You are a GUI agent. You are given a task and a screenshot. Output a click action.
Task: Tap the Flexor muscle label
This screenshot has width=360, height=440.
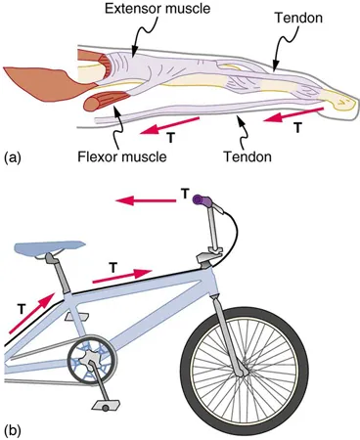(118, 154)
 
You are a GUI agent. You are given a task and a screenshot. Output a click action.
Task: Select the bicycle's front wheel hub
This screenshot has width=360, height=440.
(241, 369)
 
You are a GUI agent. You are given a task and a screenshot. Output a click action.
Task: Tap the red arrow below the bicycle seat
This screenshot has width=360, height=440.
(35, 294)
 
